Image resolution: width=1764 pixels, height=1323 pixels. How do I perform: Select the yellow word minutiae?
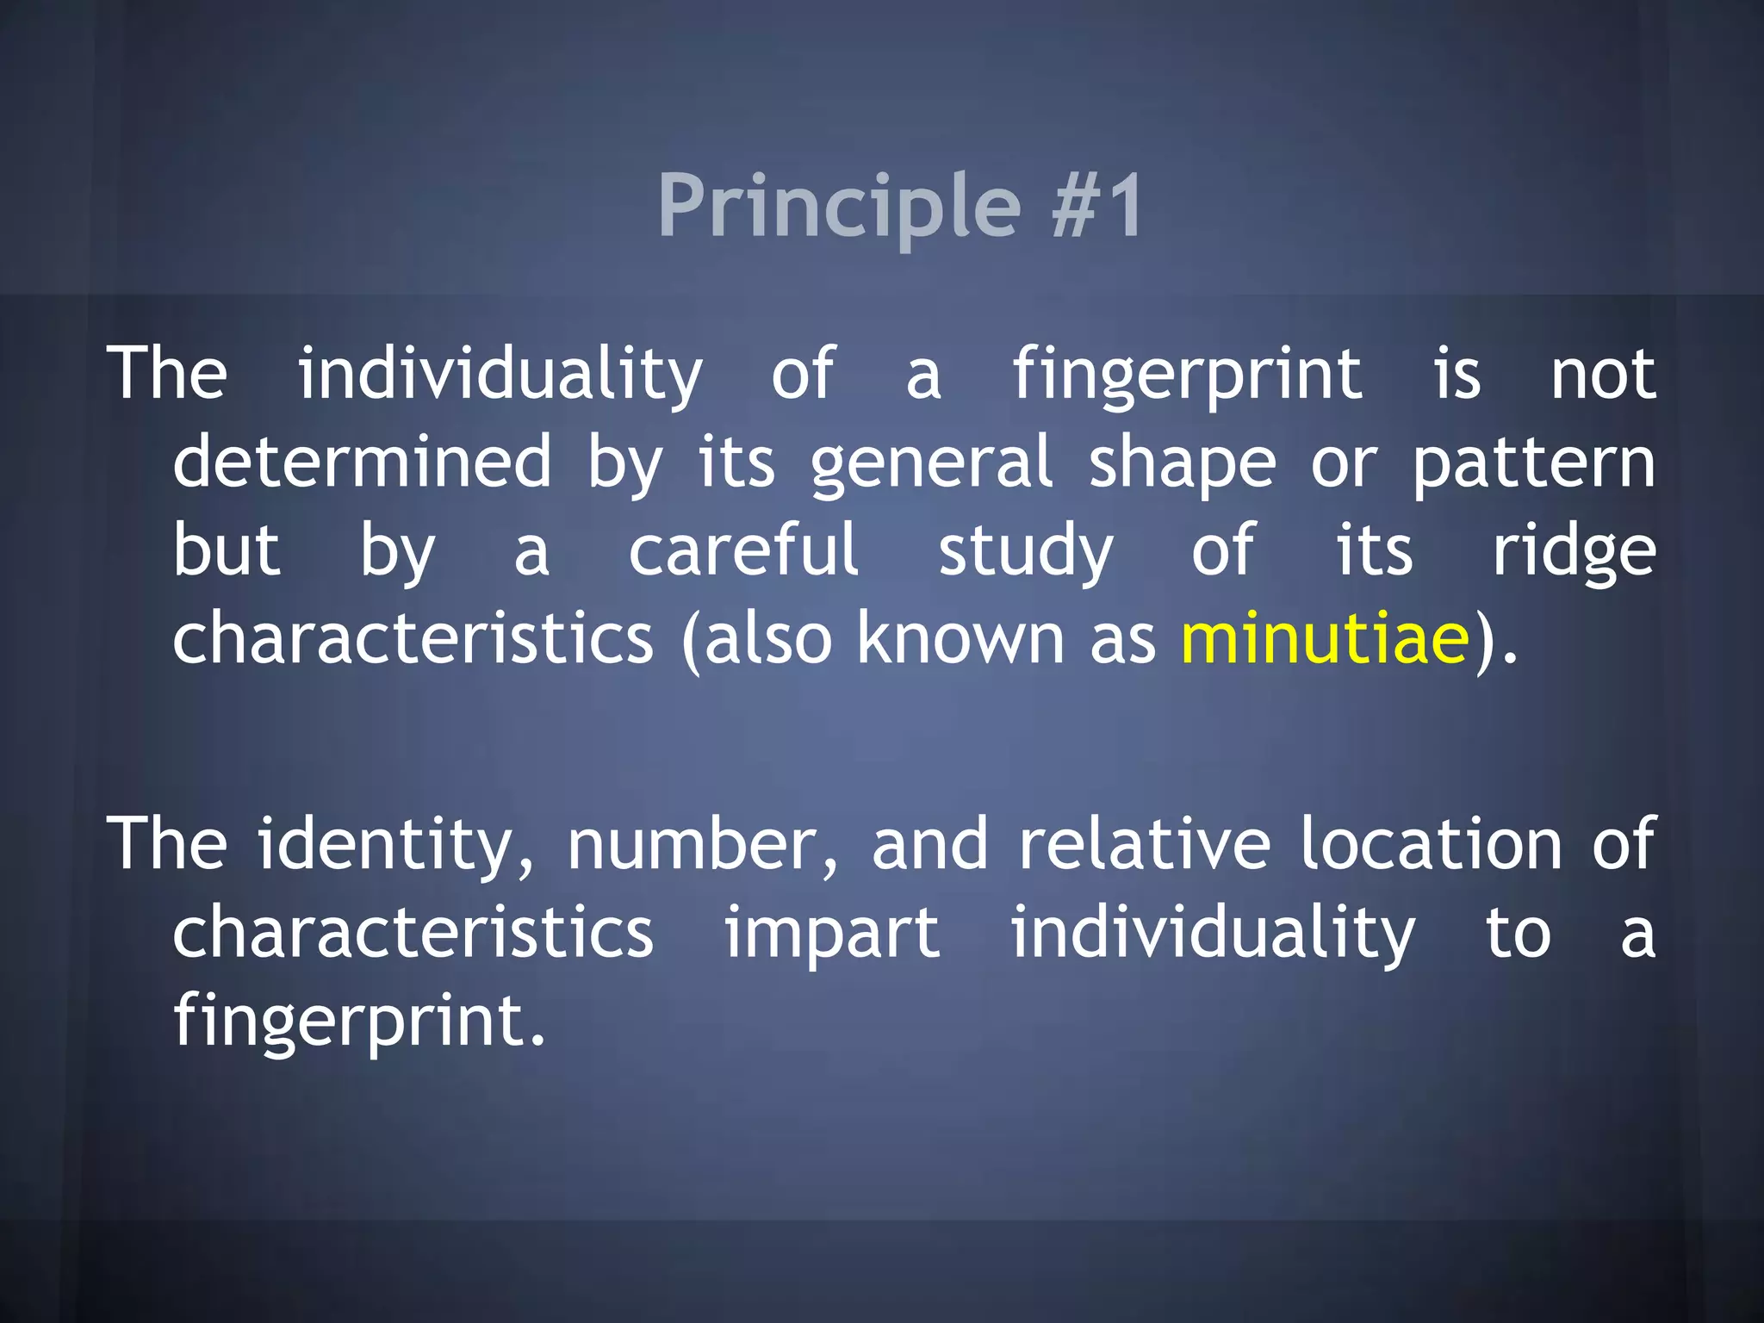pos(1325,638)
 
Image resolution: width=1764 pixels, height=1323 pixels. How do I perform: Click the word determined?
pos(362,463)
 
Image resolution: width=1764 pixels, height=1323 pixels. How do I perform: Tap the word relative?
pos(1145,844)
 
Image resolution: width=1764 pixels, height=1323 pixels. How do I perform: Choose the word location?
pos(1431,844)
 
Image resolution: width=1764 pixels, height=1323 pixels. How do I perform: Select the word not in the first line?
pos(1602,376)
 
